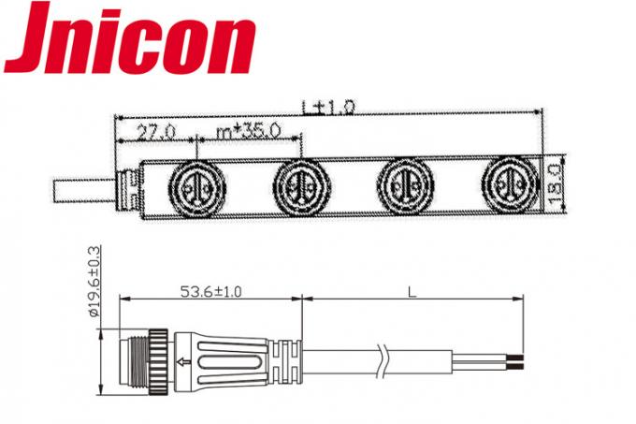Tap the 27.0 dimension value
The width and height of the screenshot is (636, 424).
154,132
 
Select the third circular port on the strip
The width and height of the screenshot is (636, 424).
406,183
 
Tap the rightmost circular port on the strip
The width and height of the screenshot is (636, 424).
511,183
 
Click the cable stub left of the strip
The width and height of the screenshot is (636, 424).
81,191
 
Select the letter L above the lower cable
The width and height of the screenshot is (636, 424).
412,291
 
